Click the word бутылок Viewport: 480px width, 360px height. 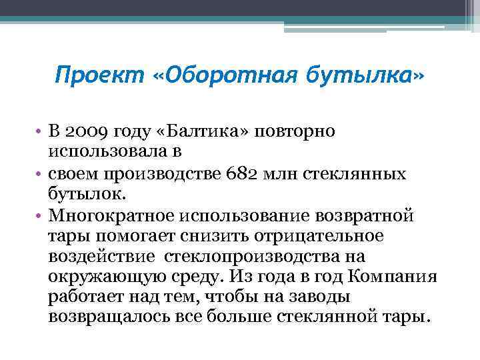81,194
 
